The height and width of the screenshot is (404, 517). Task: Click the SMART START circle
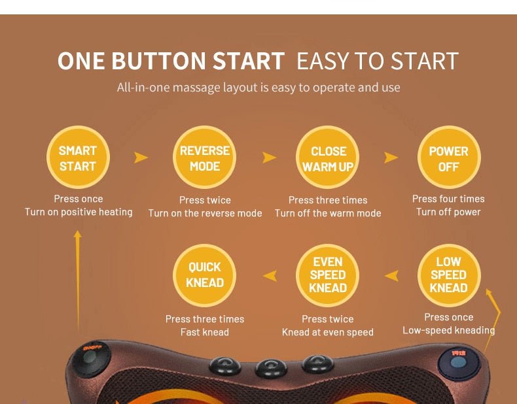tap(78, 158)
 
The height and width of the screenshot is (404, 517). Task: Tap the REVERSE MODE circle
tap(204, 158)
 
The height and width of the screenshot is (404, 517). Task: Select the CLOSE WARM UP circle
tap(327, 158)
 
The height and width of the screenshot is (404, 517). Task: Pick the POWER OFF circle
tap(449, 158)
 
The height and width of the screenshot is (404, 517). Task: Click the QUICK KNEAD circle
tap(204, 276)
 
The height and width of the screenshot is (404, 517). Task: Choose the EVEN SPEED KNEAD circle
tap(327, 276)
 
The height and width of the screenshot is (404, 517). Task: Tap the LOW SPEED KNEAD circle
tap(449, 276)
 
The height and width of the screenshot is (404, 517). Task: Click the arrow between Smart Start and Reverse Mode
tap(141, 158)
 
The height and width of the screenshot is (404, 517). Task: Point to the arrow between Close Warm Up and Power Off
tap(391, 158)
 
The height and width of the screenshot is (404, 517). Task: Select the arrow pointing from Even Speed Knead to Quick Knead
tap(270, 276)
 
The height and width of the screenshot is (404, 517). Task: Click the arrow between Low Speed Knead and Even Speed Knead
tap(392, 276)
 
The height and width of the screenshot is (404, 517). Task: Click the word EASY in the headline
tap(323, 61)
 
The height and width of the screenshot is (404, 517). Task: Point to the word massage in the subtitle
tap(196, 88)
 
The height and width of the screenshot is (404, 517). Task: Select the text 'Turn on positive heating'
tap(79, 212)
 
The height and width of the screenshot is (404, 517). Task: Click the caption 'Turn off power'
tap(448, 212)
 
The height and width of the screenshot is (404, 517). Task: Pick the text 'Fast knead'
tap(205, 332)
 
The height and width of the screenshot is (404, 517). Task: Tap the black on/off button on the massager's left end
tap(90, 358)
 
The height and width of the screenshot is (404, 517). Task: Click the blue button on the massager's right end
tap(459, 362)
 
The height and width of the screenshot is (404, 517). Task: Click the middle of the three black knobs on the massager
tap(271, 367)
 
